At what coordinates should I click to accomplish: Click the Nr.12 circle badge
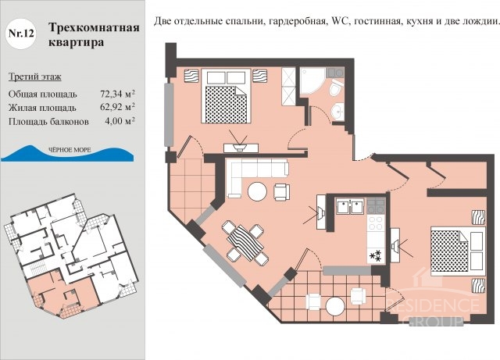coord(21,34)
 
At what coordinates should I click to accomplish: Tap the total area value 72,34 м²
coord(117,94)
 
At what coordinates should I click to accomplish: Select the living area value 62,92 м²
coord(117,107)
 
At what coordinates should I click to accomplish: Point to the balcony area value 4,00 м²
coord(120,121)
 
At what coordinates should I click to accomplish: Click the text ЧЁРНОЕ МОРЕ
coord(70,150)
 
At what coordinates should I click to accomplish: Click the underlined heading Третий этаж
coord(34,77)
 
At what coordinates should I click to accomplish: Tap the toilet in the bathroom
coord(336,87)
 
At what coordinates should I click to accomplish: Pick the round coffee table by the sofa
coord(257,191)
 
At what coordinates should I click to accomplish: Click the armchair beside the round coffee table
coord(282,192)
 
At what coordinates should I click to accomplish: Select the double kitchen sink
coord(350,206)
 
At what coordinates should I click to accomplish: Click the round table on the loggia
coord(335,306)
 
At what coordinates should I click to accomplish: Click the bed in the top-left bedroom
coord(226,95)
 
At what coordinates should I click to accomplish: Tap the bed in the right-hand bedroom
coord(458,251)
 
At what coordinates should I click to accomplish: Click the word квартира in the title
coord(77,42)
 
